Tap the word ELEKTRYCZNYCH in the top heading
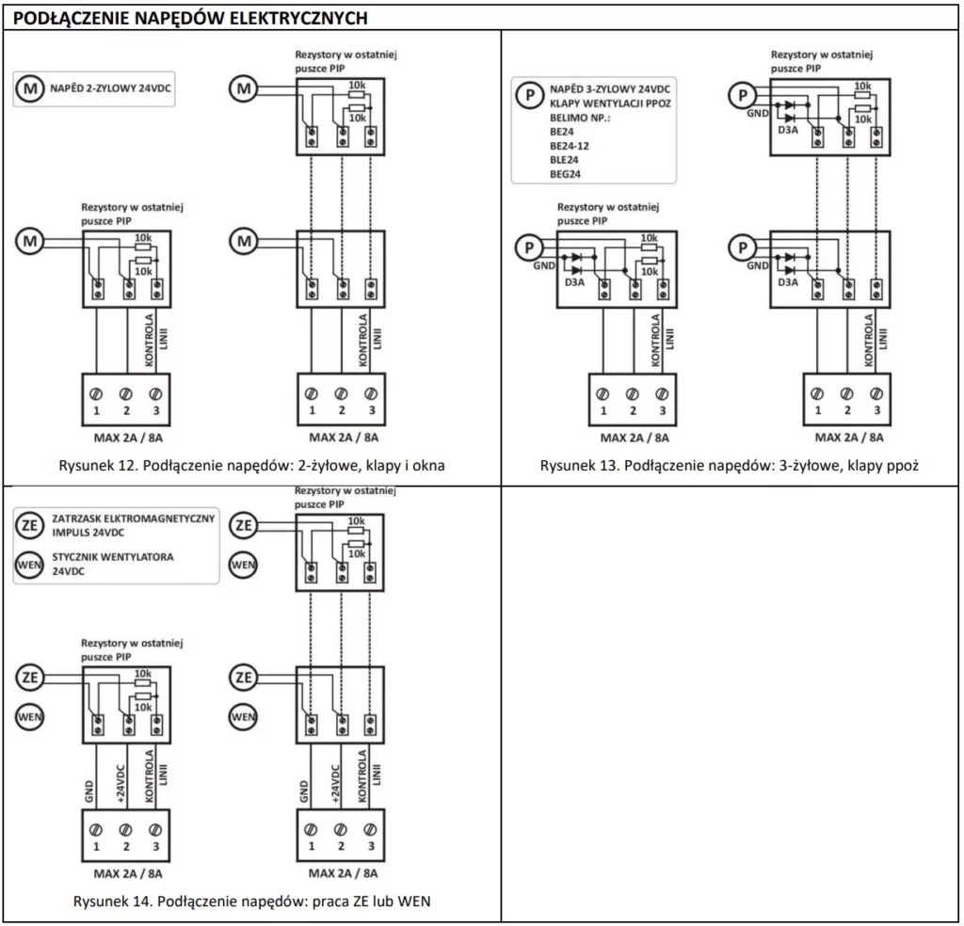(303, 19)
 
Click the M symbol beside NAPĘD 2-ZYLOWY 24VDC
(31, 89)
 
